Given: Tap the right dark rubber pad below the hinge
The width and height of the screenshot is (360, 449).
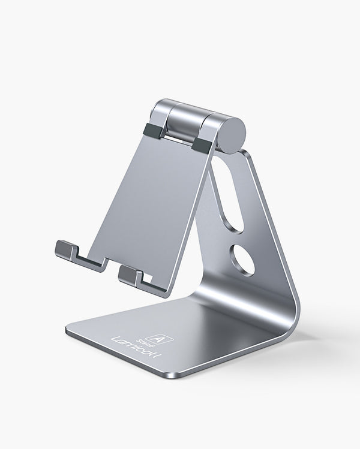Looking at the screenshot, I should pos(203,144).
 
